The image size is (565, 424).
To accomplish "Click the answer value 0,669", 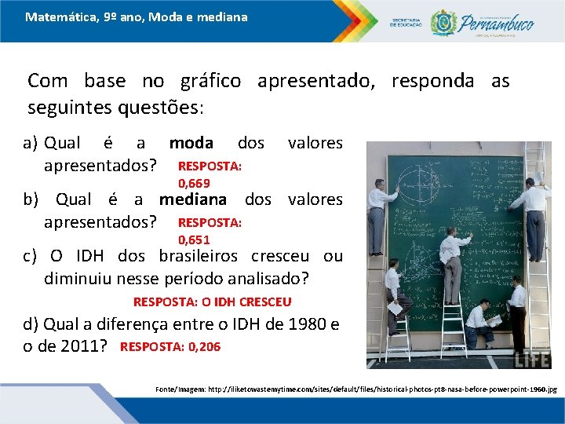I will (194, 184).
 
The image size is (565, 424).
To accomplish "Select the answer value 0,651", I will (194, 240).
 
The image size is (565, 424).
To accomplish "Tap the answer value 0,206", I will (204, 346).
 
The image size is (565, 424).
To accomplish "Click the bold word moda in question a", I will (191, 143).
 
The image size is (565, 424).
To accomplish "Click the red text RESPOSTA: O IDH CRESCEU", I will (212, 302).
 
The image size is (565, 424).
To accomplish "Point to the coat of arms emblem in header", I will (443, 22).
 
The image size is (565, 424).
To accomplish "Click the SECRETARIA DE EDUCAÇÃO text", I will (406, 22).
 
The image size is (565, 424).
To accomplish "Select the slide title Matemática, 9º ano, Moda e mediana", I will (136, 16).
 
